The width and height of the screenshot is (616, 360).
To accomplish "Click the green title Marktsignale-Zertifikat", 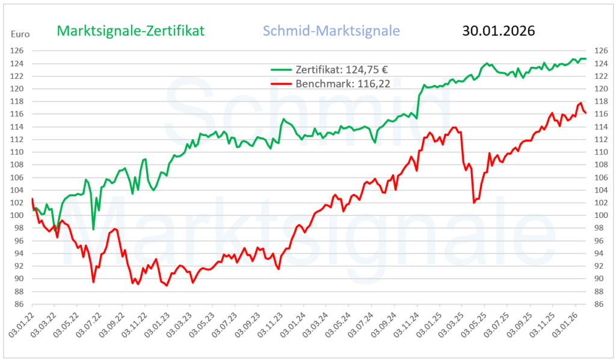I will [131, 31].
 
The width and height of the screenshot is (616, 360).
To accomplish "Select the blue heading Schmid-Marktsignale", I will [331, 31].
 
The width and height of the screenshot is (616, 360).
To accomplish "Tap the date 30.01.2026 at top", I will [499, 31].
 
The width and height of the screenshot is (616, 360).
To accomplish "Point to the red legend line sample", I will [280, 84].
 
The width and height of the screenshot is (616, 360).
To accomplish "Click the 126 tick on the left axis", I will [19, 51].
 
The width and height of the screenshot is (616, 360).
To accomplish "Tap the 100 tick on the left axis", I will [19, 216].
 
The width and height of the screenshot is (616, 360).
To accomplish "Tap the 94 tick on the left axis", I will [19, 253].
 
